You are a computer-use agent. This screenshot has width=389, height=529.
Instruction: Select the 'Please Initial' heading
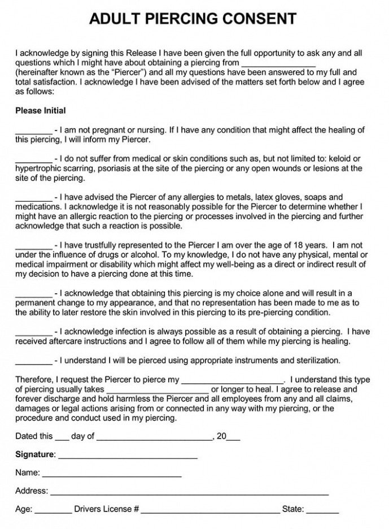(x=41, y=111)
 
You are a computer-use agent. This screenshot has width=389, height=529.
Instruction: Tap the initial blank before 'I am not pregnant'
(x=33, y=131)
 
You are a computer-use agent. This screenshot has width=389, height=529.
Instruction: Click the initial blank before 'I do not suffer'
(x=33, y=160)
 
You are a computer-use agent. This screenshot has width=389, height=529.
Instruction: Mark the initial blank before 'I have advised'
(x=33, y=198)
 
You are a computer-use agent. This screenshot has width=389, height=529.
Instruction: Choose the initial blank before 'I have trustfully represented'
(x=33, y=246)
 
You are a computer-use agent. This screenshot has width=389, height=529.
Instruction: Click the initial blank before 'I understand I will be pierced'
(x=33, y=361)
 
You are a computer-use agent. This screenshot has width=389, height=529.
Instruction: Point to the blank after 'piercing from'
(x=278, y=64)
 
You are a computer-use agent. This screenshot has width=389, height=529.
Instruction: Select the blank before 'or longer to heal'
(x=158, y=391)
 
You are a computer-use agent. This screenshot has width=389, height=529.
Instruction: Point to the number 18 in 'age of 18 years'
(x=299, y=245)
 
